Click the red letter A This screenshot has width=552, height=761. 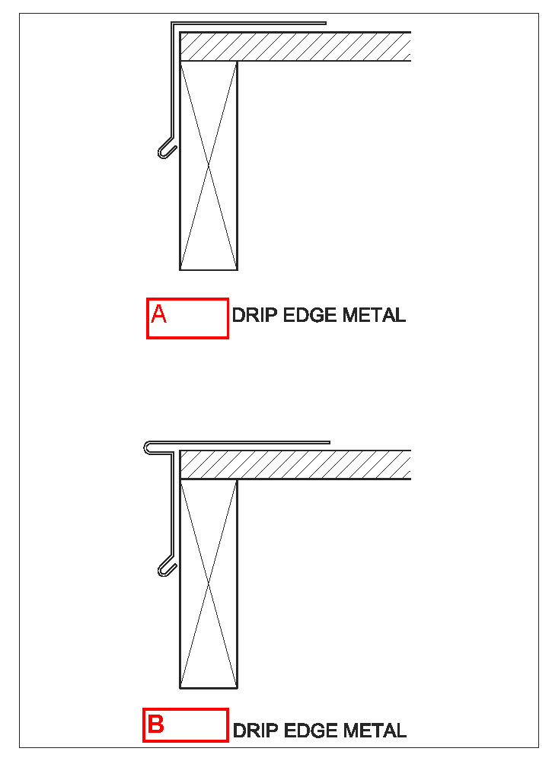pyautogui.click(x=158, y=314)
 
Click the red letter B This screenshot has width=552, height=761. pyautogui.click(x=155, y=724)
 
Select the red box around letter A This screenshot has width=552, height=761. pyautogui.click(x=187, y=318)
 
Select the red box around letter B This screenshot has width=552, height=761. pyautogui.click(x=185, y=724)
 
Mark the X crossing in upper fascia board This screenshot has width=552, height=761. pyautogui.click(x=209, y=166)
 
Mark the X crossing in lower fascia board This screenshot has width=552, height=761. pyautogui.click(x=209, y=584)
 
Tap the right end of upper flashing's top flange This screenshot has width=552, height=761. pyautogui.click(x=324, y=23)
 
